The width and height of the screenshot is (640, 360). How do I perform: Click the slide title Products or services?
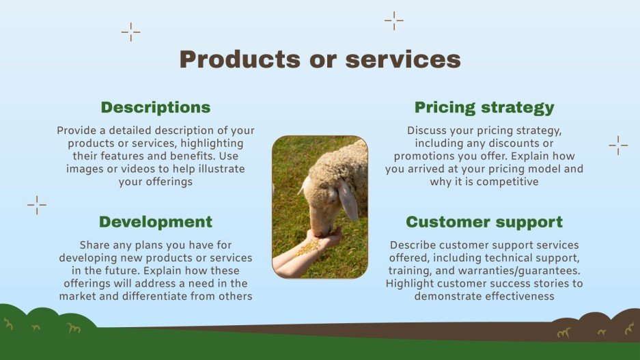point(320,59)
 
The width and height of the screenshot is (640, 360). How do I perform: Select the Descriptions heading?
point(156,107)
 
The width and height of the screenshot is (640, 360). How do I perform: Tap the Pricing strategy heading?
point(484,107)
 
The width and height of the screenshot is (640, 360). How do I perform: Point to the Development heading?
point(156,221)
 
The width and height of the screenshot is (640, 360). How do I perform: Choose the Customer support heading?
point(484,221)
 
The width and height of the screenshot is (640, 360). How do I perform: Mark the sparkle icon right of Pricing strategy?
point(618,145)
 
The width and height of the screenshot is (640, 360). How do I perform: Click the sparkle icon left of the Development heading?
point(37,205)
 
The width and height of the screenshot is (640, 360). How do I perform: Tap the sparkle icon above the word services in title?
point(394,21)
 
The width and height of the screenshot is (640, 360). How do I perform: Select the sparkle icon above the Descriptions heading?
point(130,31)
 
